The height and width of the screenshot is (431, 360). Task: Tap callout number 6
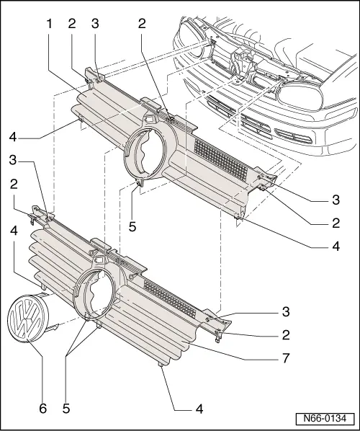[x=42, y=408]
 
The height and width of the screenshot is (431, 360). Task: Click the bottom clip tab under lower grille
[x=160, y=366]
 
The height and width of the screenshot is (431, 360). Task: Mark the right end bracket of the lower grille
[x=222, y=321]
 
